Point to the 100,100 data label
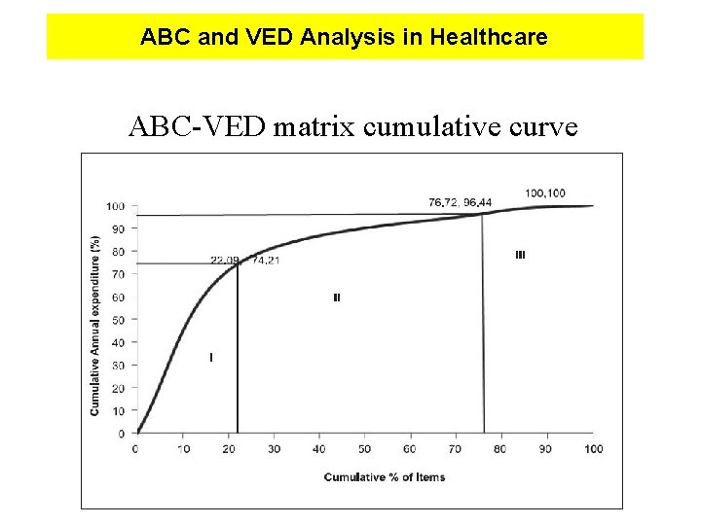545,192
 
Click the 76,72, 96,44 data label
460,202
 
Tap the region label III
520,255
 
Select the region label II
336,297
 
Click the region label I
211,358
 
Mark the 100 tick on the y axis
114,206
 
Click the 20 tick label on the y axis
117,388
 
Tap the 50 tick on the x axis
364,448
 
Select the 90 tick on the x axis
547,448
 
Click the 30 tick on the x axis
274,448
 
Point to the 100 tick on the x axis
593,448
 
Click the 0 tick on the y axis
120,433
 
